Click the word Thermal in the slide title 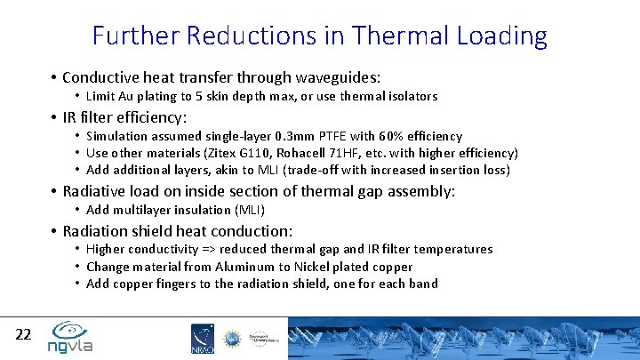[401, 36]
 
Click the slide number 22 [24, 334]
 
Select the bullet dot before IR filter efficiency [54, 117]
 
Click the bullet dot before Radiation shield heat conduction [54, 231]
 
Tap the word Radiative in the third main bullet [95, 191]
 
